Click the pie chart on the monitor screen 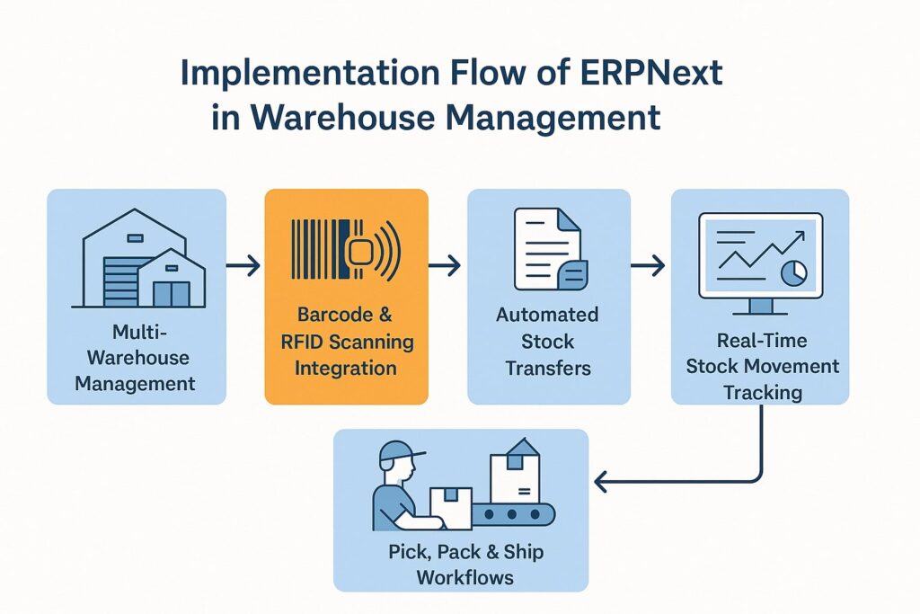click(x=793, y=271)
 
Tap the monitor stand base click(x=760, y=312)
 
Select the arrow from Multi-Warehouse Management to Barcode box click(x=244, y=266)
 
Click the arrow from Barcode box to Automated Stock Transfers click(x=447, y=266)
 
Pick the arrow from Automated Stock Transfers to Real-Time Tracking click(x=650, y=266)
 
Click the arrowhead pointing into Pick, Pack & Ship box click(x=601, y=484)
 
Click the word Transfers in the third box click(x=549, y=369)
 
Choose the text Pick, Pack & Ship click(x=466, y=551)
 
